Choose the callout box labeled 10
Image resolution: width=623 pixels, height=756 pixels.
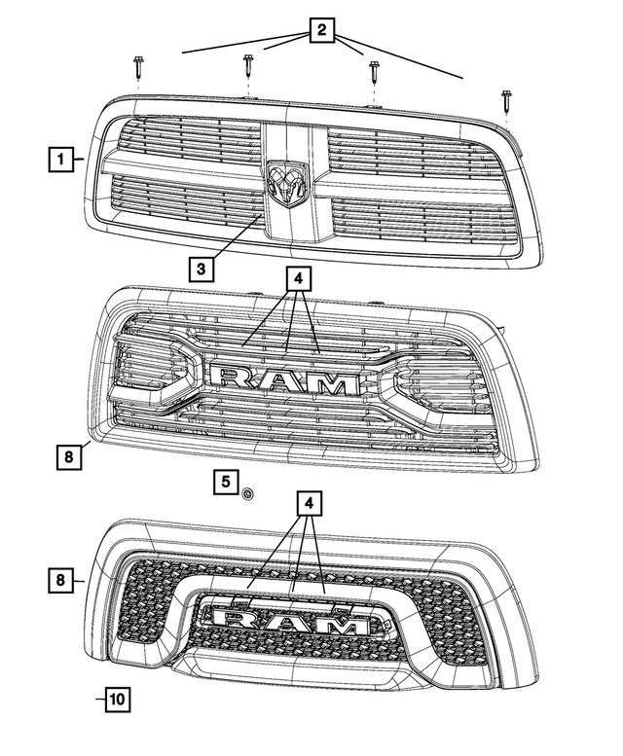tap(117, 699)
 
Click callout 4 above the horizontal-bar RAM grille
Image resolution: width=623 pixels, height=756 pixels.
tap(298, 280)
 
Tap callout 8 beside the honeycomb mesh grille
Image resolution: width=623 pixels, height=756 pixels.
tap(60, 581)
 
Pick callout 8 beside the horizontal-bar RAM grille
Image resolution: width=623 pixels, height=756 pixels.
tap(67, 453)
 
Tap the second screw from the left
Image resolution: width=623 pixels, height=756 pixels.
tap(247, 67)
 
